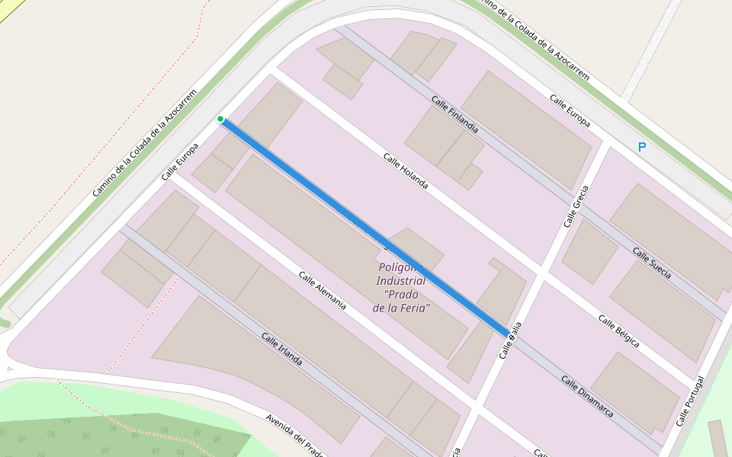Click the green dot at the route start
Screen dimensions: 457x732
coord(220,119)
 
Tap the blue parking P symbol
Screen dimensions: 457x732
coord(641,147)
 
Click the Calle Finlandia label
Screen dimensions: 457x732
coord(454,114)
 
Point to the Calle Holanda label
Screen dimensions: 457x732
coord(406,171)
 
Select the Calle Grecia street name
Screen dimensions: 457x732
coord(576,206)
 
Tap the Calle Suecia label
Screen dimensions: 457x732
coord(652,263)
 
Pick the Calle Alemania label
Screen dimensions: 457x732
coord(322,290)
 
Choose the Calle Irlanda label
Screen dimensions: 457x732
coord(281,349)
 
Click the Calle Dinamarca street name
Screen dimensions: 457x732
coord(587,395)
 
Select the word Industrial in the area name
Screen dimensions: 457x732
coord(401,281)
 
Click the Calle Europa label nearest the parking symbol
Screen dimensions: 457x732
coord(570,110)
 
